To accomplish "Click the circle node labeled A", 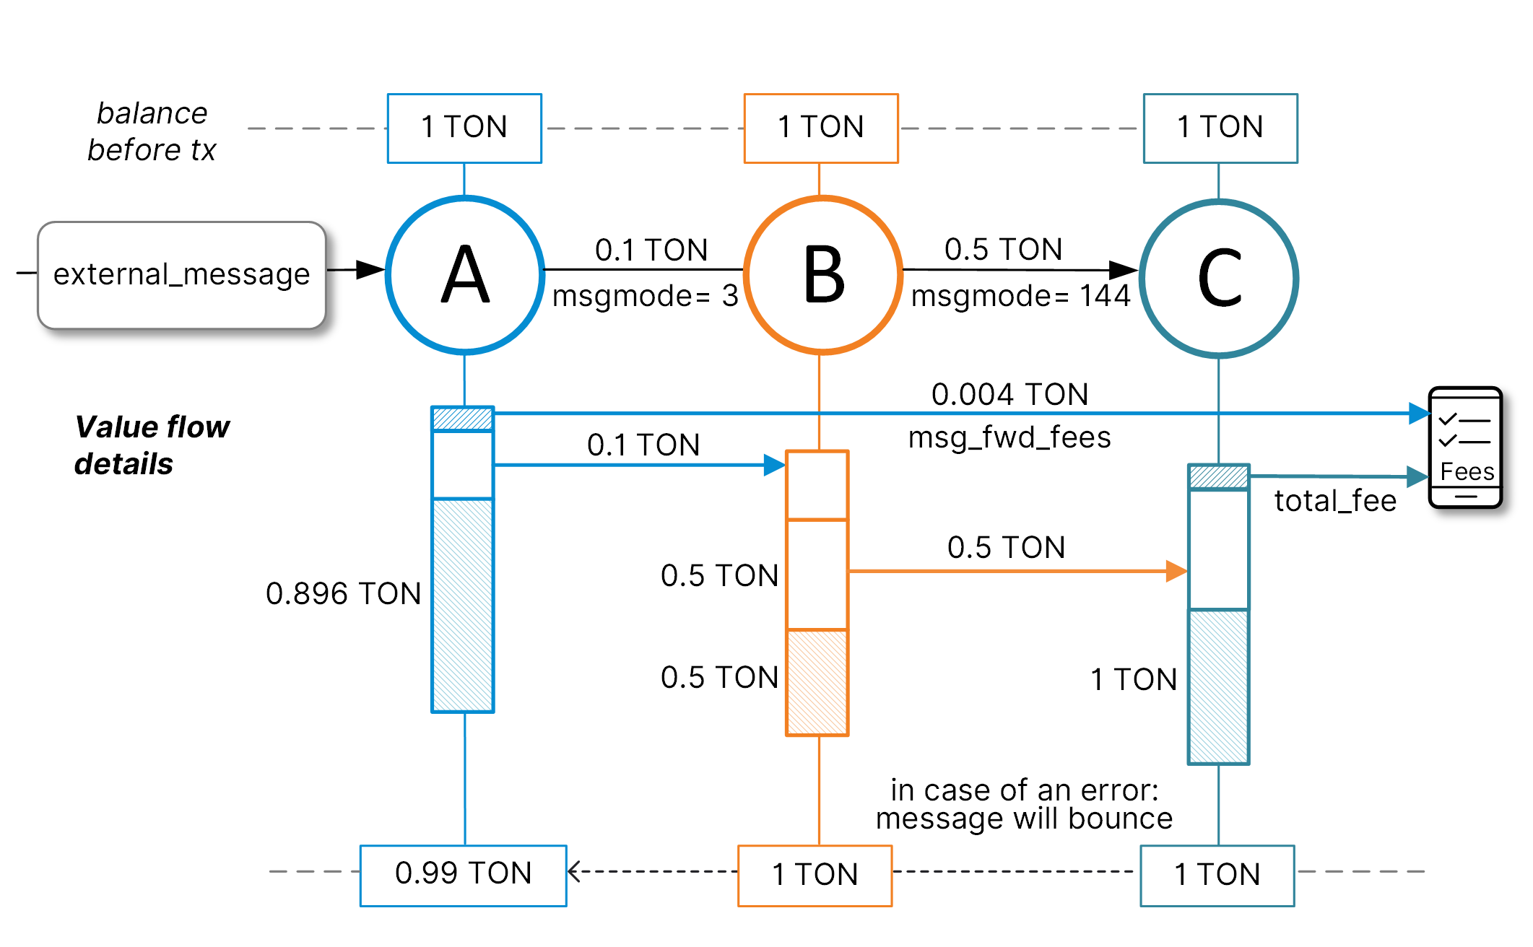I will (x=465, y=275).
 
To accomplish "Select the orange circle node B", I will (x=822, y=275).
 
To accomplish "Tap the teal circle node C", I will (x=1219, y=278).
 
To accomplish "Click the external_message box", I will (x=181, y=275).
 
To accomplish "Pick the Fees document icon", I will (x=1465, y=448).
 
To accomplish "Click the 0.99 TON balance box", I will (x=463, y=875).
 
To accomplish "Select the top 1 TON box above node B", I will (x=821, y=128).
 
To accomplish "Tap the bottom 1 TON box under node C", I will (x=1217, y=875).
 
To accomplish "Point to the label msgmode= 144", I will (x=1020, y=296).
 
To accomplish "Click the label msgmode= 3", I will (x=645, y=296).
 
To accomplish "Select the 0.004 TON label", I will (x=1009, y=395).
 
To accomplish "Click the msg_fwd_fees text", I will (x=1009, y=437).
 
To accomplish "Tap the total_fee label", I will (x=1334, y=501).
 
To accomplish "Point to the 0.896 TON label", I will (x=343, y=594).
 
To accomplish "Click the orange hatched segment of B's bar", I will (x=817, y=682).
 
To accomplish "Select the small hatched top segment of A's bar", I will (x=462, y=419).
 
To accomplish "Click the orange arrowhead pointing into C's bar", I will (x=1177, y=571).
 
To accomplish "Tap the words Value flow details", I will (x=152, y=445).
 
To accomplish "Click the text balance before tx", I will (x=152, y=132).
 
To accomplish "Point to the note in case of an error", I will (x=1024, y=805).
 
